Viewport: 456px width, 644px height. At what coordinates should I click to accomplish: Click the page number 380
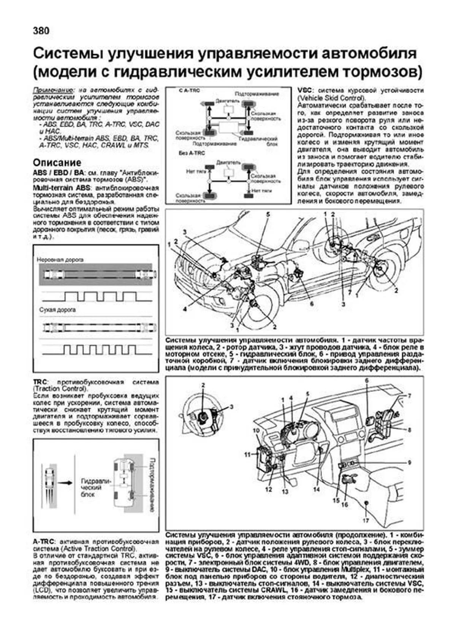point(41,31)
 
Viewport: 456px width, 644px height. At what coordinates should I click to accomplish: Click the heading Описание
point(57,162)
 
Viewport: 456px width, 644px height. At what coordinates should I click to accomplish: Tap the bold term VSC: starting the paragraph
point(305,91)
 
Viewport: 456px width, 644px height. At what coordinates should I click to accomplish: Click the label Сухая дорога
point(57,310)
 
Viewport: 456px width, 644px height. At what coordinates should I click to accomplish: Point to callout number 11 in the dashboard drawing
point(247,454)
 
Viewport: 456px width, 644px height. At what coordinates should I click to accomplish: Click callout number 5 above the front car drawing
point(268,214)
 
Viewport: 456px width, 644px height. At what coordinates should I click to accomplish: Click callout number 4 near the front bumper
point(185,309)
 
